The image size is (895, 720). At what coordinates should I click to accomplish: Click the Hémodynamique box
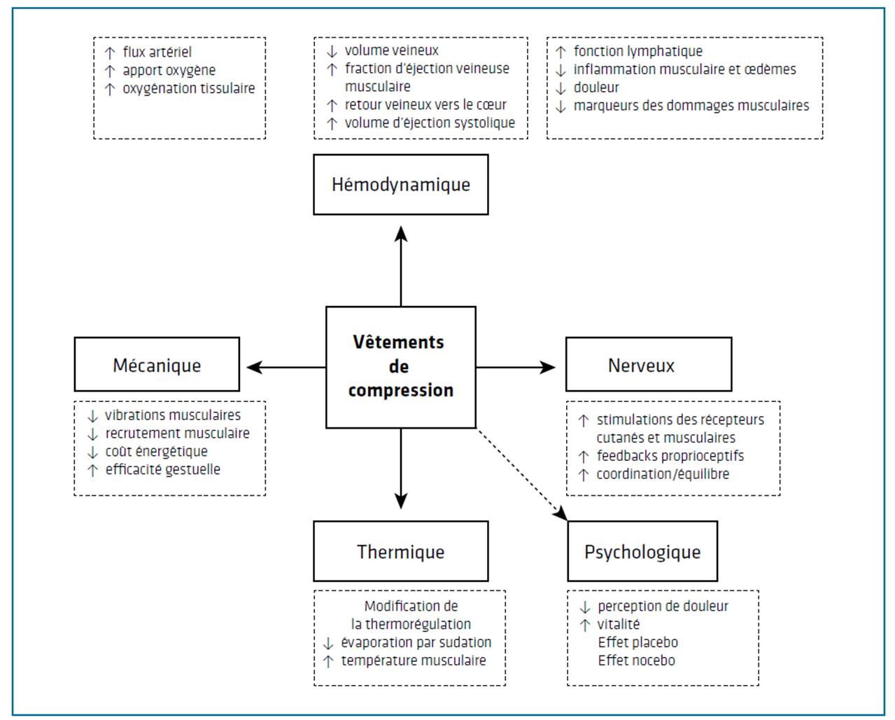pos(400,184)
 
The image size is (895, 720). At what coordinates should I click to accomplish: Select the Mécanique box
pos(157,364)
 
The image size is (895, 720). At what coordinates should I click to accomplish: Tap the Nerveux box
pos(649,364)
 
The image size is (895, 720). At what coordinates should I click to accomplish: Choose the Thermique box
pos(400,551)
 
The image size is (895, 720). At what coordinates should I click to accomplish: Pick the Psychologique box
pos(642,551)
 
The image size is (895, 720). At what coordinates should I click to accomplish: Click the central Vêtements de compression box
pos(400,367)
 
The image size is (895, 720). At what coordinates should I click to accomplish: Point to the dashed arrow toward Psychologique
pos(522,475)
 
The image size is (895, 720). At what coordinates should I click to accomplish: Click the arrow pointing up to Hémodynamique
pos(400,266)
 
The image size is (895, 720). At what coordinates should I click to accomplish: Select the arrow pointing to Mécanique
pos(286,367)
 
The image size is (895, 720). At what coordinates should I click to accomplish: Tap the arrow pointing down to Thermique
pos(400,469)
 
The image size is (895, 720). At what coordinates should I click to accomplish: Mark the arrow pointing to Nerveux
pos(516,367)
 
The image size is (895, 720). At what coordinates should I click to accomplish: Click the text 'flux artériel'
pos(157,52)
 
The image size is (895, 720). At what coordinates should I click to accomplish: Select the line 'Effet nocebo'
pos(636,660)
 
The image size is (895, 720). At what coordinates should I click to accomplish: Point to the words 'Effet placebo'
pos(638,642)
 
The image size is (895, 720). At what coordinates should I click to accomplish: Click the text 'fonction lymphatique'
pos(638,51)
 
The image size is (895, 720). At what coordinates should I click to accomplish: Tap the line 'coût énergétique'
pos(156,452)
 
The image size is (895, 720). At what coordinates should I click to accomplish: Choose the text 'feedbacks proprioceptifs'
pos(670,456)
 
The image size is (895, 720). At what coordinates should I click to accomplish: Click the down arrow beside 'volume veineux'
pos(332,52)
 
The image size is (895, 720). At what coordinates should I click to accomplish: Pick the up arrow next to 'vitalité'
pos(585,625)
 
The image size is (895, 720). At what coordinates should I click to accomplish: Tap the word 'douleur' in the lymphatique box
pos(596,88)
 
